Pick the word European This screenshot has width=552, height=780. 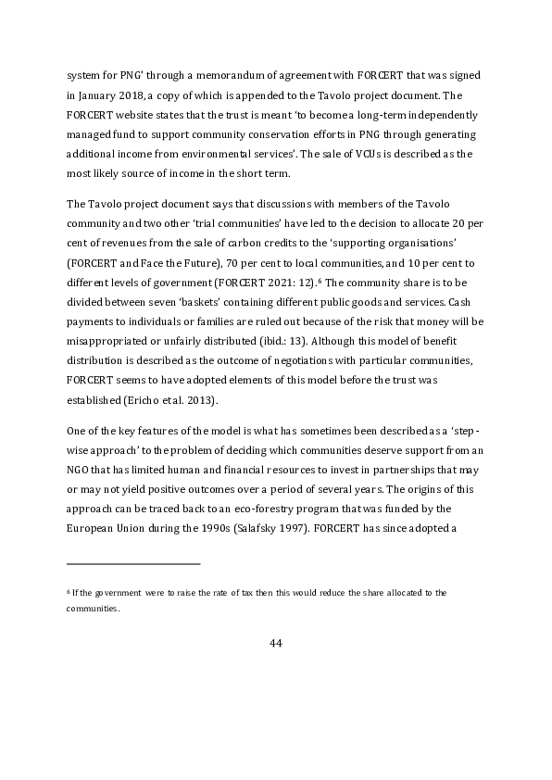92,535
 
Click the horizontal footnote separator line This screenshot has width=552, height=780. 133,562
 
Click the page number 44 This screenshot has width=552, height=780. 275,644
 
